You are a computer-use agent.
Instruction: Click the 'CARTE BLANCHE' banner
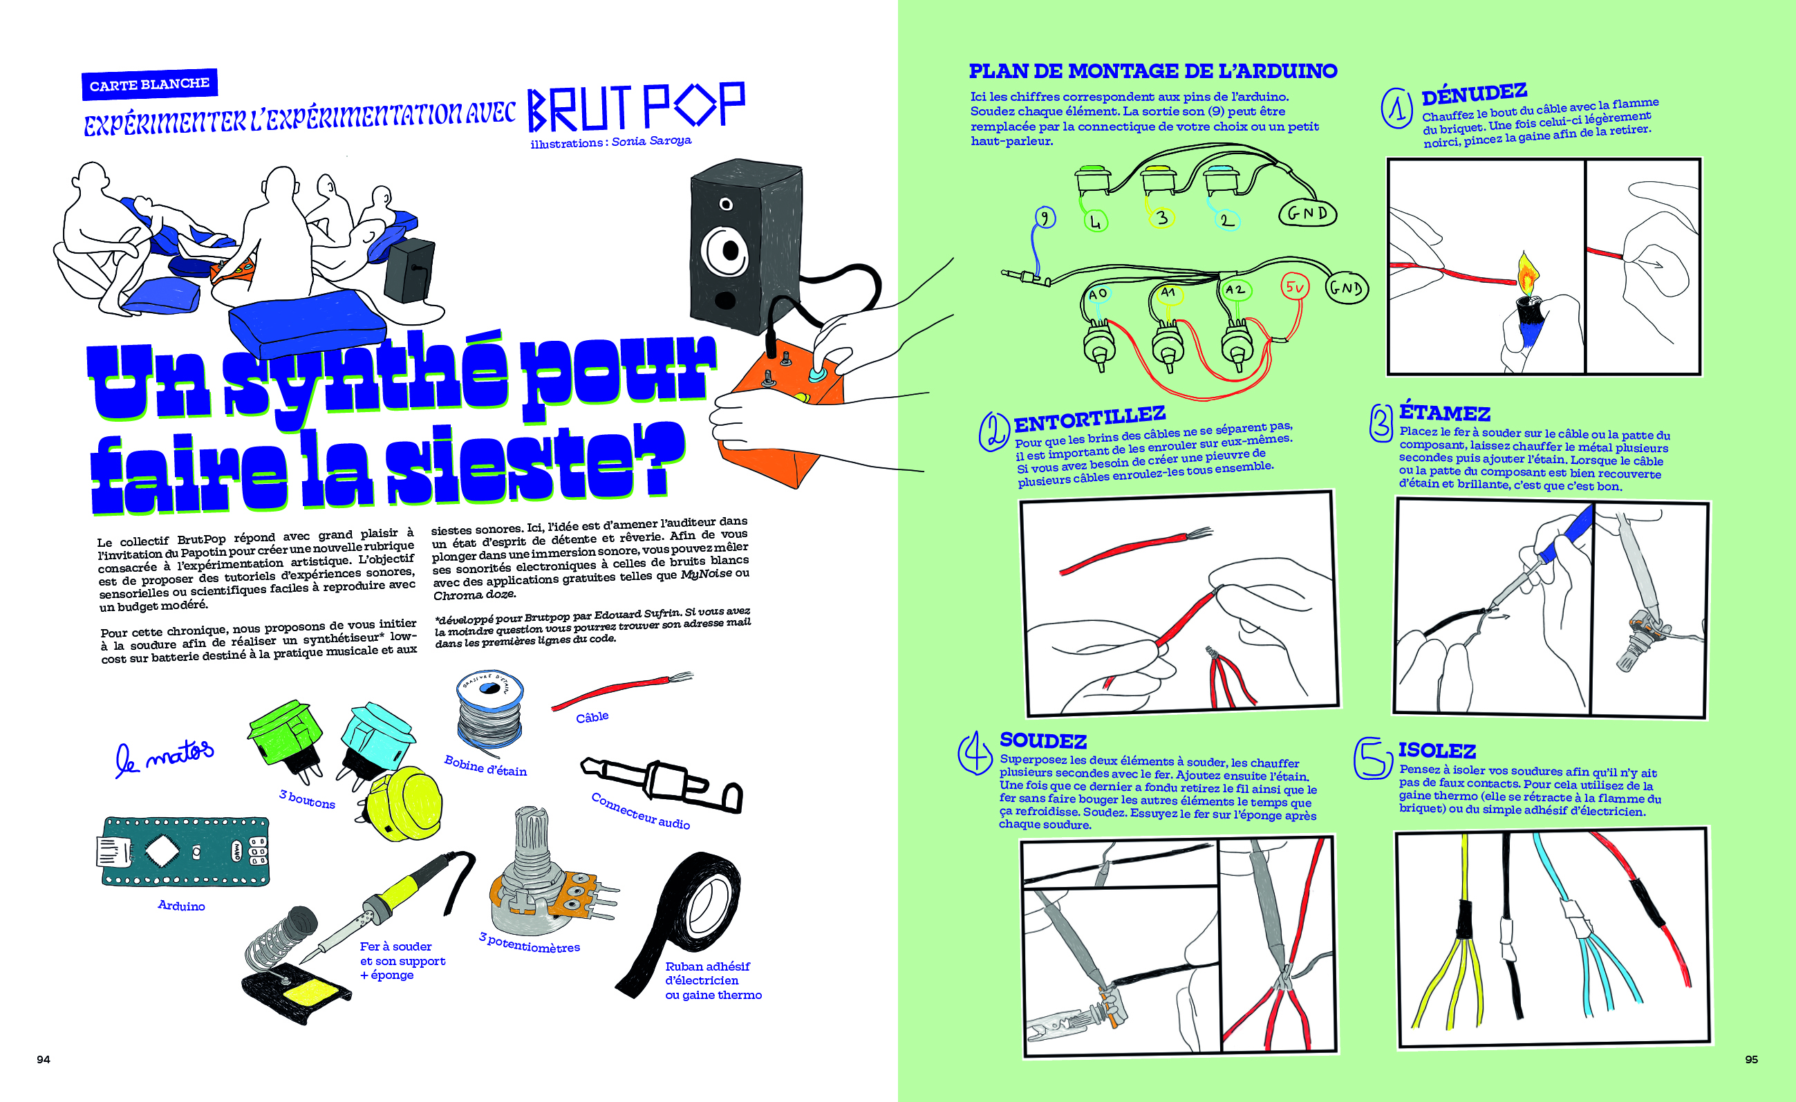(x=149, y=84)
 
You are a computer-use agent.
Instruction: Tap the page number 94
(x=43, y=1059)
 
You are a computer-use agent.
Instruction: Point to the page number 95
(x=1751, y=1059)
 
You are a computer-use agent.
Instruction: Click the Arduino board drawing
(x=184, y=850)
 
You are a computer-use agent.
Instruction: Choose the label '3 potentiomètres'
(x=529, y=942)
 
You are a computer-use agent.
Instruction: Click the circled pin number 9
(x=1045, y=217)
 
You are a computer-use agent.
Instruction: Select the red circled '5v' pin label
(x=1295, y=287)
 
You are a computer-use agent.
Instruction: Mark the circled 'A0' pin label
(x=1097, y=294)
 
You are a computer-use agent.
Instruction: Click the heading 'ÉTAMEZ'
(x=1444, y=413)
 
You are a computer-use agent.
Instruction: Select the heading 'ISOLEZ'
(x=1436, y=751)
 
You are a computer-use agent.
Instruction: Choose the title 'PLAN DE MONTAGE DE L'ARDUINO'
(x=1152, y=71)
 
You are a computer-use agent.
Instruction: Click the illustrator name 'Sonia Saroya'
(x=651, y=140)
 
